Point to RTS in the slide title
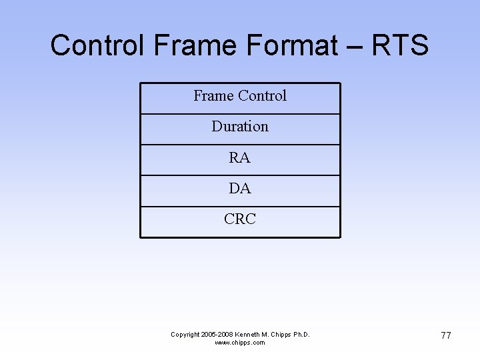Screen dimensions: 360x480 point(399,45)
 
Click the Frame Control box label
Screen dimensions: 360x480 point(240,96)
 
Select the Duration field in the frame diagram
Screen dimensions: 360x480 point(240,127)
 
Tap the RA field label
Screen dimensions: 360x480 point(240,158)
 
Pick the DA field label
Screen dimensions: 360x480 point(240,189)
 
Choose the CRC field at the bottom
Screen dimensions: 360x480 point(240,219)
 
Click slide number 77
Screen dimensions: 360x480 point(446,335)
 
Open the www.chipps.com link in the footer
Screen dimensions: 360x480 point(240,343)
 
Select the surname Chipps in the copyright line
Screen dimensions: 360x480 point(285,335)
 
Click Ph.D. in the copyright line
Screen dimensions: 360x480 point(303,335)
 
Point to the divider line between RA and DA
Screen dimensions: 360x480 point(240,175)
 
